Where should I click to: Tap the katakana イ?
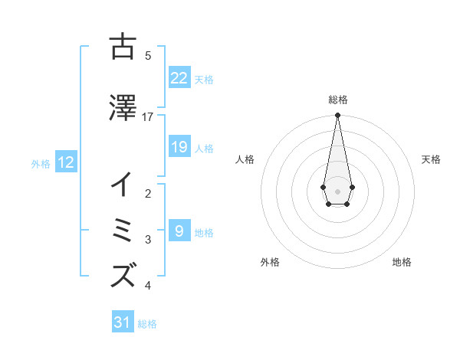point(123,185)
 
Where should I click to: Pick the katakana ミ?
point(123,230)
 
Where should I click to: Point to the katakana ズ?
point(123,275)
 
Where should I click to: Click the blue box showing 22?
point(179,78)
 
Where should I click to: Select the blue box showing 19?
point(179,147)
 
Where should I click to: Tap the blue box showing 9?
point(179,231)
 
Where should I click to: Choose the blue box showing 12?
point(65,162)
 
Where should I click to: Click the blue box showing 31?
point(123,322)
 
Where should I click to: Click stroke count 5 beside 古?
point(148,55)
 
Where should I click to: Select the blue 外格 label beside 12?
point(41,163)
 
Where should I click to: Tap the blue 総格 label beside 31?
point(147,324)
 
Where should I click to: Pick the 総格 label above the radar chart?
point(338,100)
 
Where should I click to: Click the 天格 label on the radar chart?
point(431,159)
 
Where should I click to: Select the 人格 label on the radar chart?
point(245,159)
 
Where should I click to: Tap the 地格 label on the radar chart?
point(402,262)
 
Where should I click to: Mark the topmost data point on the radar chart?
point(337,116)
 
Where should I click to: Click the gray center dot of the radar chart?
point(337,190)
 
